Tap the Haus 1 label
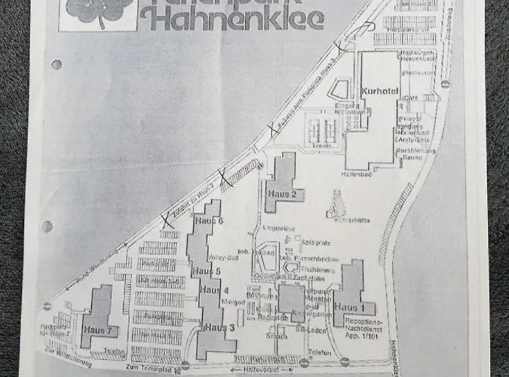tap(349, 308)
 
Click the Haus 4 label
tap(215, 291)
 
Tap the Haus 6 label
tap(209, 221)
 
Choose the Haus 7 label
tap(98, 330)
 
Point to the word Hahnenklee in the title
tap(232, 17)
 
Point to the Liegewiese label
tap(274, 227)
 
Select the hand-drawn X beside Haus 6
tap(165, 221)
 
